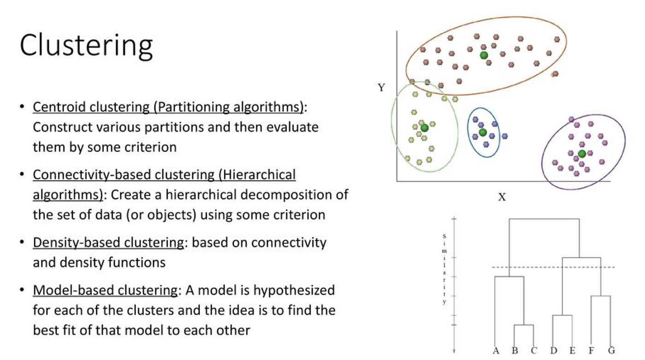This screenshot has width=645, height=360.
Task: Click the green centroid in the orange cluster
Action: click(484, 55)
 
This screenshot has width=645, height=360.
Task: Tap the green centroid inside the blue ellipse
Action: click(482, 133)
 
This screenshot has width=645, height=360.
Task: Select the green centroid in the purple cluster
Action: click(582, 153)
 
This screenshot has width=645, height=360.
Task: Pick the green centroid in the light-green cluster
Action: click(424, 128)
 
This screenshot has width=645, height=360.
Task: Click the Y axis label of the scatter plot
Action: click(381, 88)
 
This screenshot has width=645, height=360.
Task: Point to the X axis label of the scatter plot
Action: click(502, 197)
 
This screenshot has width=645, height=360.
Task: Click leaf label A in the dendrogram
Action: click(496, 351)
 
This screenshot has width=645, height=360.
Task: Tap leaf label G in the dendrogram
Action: click(611, 351)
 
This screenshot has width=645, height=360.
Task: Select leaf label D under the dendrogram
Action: click(554, 351)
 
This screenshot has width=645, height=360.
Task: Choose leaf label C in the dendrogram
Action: click(534, 351)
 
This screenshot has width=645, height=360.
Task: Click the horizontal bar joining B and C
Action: click(524, 325)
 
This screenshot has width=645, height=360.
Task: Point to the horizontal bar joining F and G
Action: click(601, 296)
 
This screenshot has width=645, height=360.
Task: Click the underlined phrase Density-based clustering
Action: click(108, 242)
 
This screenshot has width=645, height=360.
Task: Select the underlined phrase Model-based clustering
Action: click(105, 291)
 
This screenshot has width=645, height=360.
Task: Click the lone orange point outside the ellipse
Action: click(555, 73)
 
